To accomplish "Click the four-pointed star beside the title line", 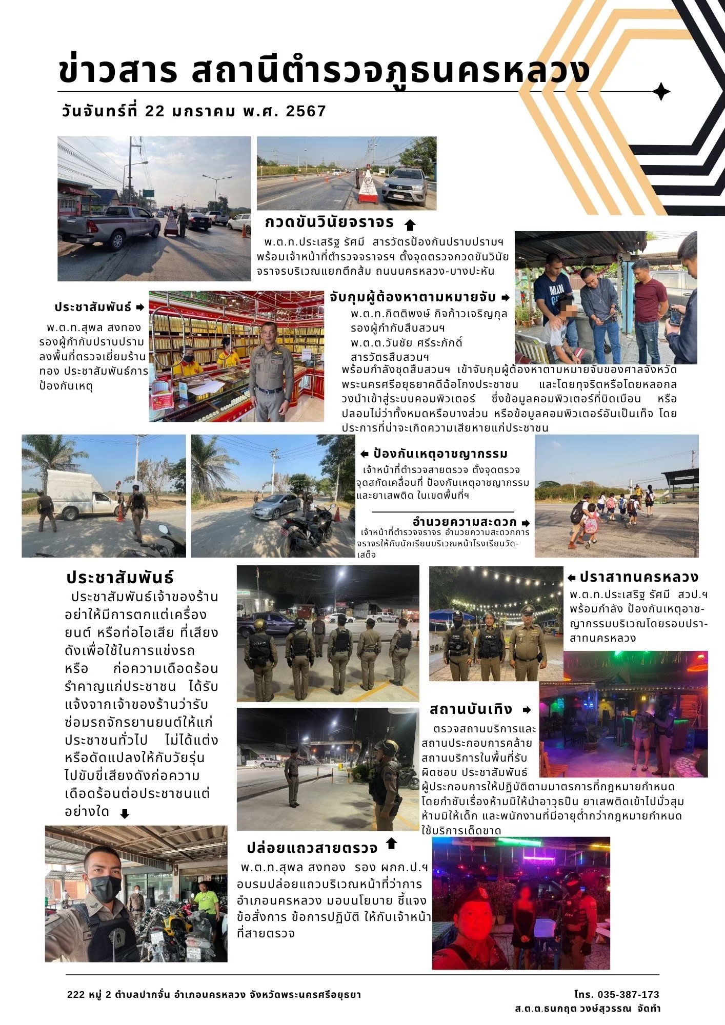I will pyautogui.click(x=661, y=92).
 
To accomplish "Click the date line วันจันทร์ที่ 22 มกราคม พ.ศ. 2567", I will pyautogui.click(x=193, y=111).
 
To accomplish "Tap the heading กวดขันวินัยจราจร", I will pyautogui.click(x=329, y=222).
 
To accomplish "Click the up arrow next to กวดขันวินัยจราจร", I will pyautogui.click(x=410, y=224).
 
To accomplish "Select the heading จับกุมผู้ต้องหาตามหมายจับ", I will pyautogui.click(x=413, y=297).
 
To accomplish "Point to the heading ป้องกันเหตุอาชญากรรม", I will pyautogui.click(x=440, y=454).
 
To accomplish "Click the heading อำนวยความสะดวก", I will pyautogui.click(x=465, y=522).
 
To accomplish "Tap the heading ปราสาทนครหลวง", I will pyautogui.click(x=639, y=577).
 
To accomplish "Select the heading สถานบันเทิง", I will pyautogui.click(x=471, y=709).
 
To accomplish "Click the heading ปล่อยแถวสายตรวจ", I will pyautogui.click(x=312, y=848).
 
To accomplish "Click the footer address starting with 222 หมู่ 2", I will pyautogui.click(x=214, y=995).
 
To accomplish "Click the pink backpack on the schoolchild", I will pyautogui.click(x=590, y=524).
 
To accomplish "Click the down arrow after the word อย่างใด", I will pyautogui.click(x=125, y=814).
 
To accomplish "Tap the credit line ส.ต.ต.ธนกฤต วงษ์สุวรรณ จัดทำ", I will pyautogui.click(x=588, y=1009).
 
